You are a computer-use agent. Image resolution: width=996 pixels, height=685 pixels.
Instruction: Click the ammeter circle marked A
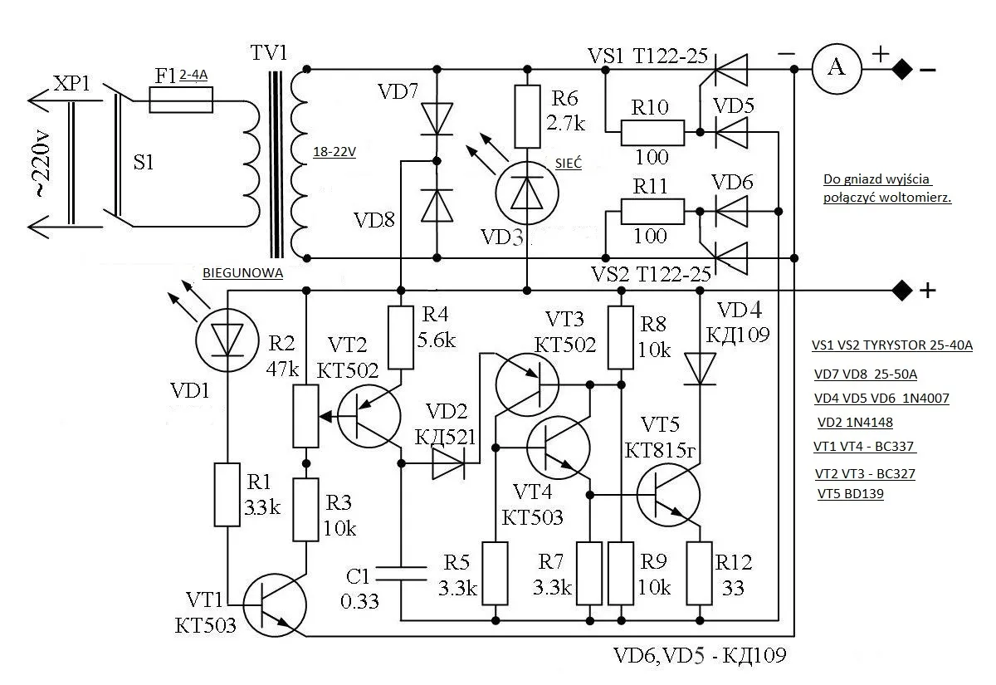pos(837,69)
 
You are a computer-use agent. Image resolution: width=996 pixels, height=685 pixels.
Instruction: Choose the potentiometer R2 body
pos(306,416)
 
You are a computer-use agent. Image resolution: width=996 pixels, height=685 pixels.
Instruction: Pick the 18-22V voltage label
pos(334,153)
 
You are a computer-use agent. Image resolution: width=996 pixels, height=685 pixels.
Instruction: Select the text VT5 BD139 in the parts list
pos(851,494)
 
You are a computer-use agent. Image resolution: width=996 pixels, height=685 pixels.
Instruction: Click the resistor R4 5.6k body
pos(401,337)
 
